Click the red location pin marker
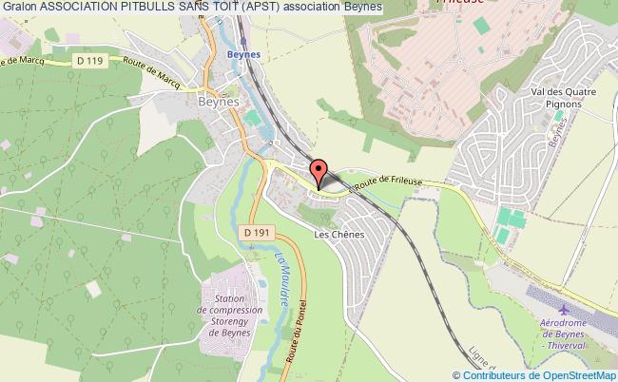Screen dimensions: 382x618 click(319, 173)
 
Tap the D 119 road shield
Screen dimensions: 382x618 click(90, 62)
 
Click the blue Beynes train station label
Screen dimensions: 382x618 click(244, 54)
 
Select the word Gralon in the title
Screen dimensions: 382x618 click(19, 8)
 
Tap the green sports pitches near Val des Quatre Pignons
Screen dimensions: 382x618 click(507, 225)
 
